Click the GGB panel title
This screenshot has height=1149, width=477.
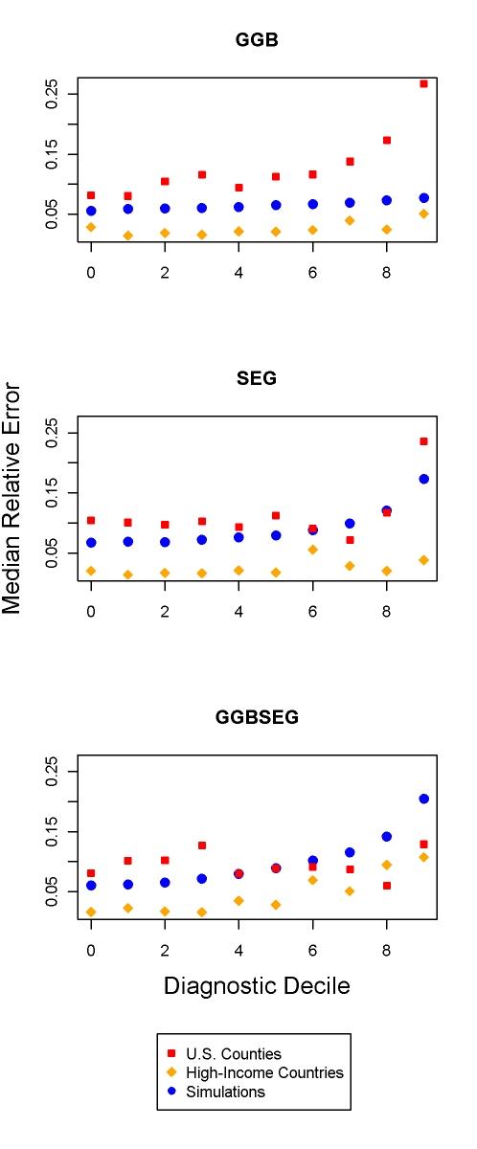point(257,40)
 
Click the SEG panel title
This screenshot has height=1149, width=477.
point(257,378)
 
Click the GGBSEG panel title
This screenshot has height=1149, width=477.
point(257,717)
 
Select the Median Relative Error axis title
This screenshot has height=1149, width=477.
point(13,498)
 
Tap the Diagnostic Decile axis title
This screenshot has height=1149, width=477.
point(257,985)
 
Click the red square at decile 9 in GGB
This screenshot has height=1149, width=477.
point(423,84)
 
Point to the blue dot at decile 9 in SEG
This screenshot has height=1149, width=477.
point(423,479)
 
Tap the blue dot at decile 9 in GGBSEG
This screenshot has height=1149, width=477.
point(423,799)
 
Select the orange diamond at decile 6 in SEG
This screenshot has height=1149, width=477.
point(313,550)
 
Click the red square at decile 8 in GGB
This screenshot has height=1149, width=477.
point(387,140)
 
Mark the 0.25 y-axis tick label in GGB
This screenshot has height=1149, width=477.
point(53,93)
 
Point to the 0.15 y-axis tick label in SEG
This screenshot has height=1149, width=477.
point(53,492)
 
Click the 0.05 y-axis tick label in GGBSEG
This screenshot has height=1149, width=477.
point(53,891)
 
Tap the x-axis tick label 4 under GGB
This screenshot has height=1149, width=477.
point(238,272)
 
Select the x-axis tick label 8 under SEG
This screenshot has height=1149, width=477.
point(387,611)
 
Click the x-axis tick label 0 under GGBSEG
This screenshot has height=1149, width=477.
point(91,950)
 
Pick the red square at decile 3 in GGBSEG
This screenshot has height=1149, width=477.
point(202,845)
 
